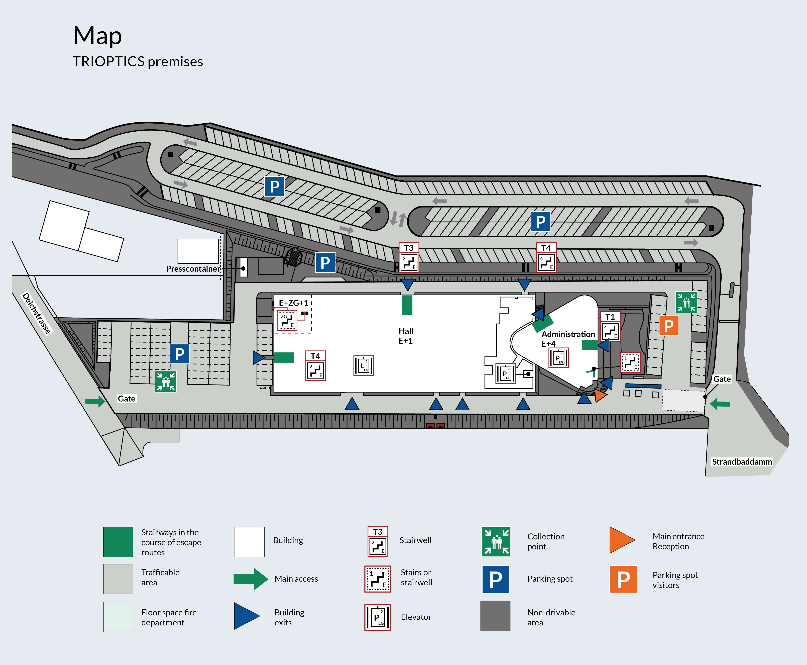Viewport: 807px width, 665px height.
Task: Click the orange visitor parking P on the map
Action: click(x=669, y=326)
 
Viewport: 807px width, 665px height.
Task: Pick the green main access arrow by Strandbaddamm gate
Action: click(x=720, y=404)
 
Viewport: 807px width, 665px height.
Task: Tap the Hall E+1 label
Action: click(x=406, y=336)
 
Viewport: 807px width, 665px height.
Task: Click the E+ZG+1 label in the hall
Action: click(x=293, y=303)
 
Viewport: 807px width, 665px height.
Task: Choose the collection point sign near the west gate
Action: click(x=165, y=382)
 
